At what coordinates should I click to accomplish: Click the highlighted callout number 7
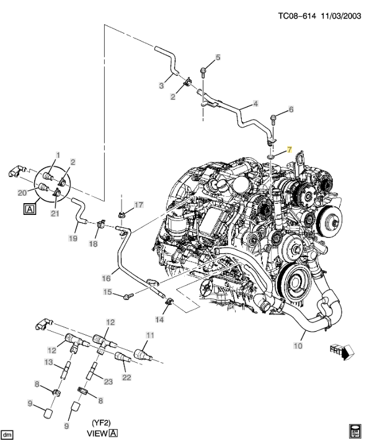(x=289, y=150)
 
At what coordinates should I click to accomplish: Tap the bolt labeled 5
(x=203, y=72)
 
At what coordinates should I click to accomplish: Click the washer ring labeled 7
(x=270, y=156)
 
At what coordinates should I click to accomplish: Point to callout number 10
(x=298, y=345)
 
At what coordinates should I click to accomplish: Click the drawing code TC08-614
(x=297, y=16)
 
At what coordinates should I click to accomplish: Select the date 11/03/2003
(x=341, y=16)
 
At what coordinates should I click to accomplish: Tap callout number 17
(x=139, y=205)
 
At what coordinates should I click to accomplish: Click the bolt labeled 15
(x=128, y=296)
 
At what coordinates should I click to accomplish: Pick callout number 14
(x=159, y=319)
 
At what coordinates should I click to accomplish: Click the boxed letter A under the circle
(x=30, y=209)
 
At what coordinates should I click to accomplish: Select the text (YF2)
(x=101, y=423)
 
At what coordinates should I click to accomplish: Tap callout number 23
(x=109, y=381)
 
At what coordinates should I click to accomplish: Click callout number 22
(x=126, y=377)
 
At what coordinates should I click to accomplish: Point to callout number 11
(x=150, y=335)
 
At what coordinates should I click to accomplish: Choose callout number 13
(x=48, y=362)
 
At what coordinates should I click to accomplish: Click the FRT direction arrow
(x=342, y=352)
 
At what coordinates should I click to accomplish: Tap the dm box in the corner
(x=6, y=434)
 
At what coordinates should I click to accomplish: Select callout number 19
(x=73, y=239)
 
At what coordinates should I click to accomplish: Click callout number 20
(x=22, y=193)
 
